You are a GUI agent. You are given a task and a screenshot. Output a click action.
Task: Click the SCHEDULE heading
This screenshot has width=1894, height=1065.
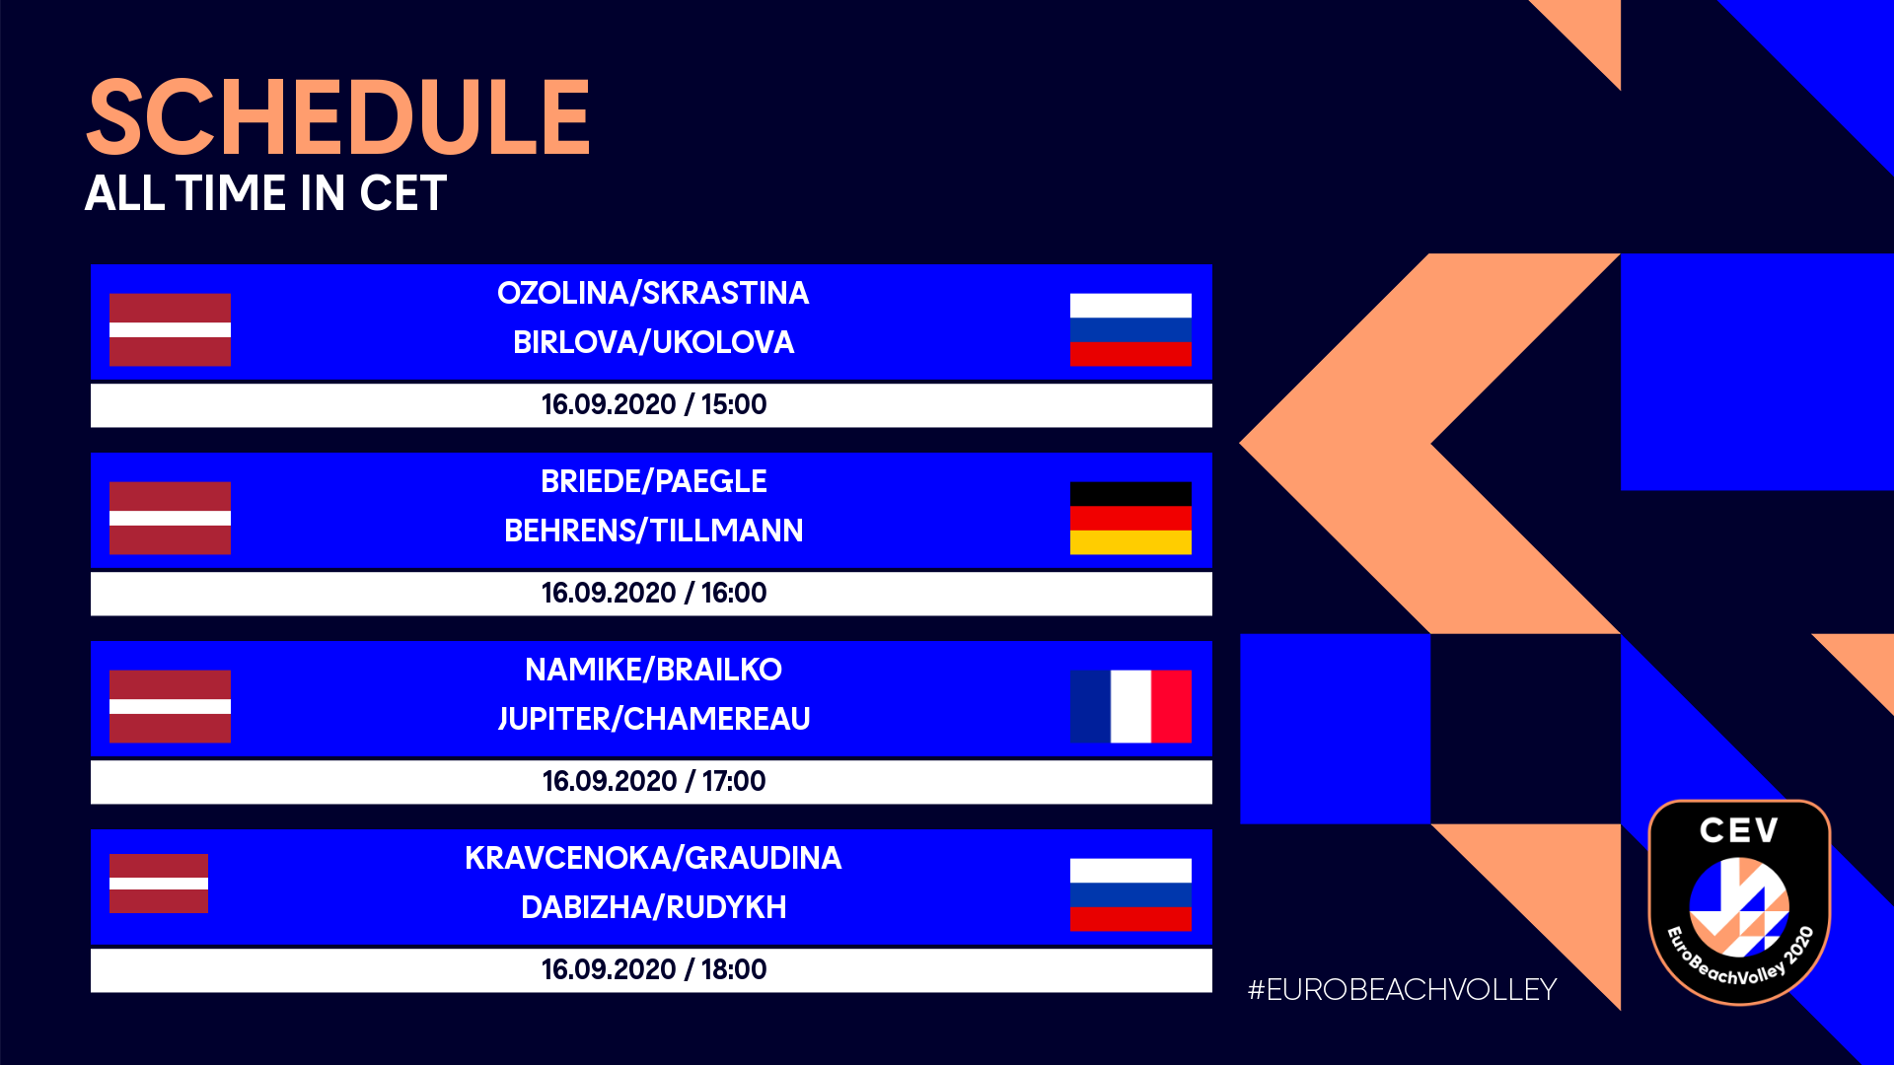pyautogui.click(x=338, y=118)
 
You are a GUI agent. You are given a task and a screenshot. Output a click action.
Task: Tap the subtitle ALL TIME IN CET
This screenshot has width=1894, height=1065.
pyautogui.click(x=266, y=193)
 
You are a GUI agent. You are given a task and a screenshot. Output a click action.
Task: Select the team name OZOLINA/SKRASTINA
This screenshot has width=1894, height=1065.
pyautogui.click(x=653, y=293)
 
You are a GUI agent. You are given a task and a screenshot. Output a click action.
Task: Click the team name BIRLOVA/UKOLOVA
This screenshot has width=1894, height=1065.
pyautogui.click(x=653, y=342)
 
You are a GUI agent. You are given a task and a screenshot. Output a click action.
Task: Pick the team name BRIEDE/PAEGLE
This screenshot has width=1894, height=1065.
pyautogui.click(x=653, y=481)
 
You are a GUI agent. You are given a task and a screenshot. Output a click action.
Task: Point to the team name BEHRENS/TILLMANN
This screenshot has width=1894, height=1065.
pyautogui.click(x=653, y=531)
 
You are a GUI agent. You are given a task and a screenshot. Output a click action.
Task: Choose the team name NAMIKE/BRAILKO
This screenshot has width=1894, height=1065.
pyautogui.click(x=653, y=670)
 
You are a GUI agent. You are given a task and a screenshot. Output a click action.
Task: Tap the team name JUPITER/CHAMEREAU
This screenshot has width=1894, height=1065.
pyautogui.click(x=653, y=719)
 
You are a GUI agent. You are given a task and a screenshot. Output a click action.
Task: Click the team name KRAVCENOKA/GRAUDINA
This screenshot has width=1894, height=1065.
pyautogui.click(x=653, y=858)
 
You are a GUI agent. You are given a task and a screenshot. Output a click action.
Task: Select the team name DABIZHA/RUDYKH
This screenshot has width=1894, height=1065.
pyautogui.click(x=653, y=907)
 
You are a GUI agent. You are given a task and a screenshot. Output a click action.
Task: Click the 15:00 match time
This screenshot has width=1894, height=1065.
pyautogui.click(x=734, y=404)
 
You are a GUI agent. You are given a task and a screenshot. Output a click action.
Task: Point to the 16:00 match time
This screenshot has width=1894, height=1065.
pyautogui.click(x=734, y=593)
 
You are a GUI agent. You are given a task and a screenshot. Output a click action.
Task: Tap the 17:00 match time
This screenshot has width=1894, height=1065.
pyautogui.click(x=734, y=781)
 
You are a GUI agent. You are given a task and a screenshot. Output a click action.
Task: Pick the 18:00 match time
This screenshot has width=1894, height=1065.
pyautogui.click(x=734, y=969)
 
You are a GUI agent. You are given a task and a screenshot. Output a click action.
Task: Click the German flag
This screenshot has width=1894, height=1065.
pyautogui.click(x=1130, y=518)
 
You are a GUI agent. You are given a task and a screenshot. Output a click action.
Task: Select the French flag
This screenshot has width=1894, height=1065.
pyautogui.click(x=1130, y=706)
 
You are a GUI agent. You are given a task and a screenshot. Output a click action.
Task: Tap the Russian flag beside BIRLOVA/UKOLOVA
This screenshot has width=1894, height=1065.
pyautogui.click(x=1130, y=329)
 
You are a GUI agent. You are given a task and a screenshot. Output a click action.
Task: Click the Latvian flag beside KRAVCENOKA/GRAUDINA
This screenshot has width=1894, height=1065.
pyautogui.click(x=159, y=883)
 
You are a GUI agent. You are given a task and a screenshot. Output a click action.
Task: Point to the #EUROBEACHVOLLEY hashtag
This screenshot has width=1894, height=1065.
pyautogui.click(x=1402, y=989)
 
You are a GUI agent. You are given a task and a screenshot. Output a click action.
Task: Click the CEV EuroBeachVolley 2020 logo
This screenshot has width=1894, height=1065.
pyautogui.click(x=1739, y=902)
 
